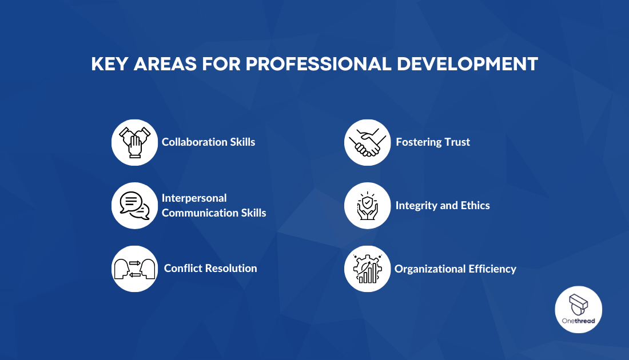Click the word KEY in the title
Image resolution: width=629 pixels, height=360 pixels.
[109, 64]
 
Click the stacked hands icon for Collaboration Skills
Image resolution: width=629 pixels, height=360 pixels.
[134, 142]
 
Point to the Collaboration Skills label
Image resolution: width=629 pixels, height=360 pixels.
[208, 142]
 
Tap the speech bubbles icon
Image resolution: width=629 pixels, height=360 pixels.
[134, 206]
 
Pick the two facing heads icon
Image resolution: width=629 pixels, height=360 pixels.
[134, 269]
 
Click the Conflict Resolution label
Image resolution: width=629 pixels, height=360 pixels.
[210, 268]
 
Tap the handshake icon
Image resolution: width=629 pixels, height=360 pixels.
[367, 142]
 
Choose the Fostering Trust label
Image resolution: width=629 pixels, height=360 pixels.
[433, 142]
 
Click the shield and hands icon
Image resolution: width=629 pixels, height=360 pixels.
[367, 206]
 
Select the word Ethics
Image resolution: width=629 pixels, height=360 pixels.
[474, 205]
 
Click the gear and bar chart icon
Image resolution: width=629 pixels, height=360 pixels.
[367, 269]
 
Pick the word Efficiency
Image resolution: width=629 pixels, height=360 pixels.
[492, 269]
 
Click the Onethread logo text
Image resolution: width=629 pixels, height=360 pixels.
[578, 321]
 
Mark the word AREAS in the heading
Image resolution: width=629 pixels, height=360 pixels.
[166, 64]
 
